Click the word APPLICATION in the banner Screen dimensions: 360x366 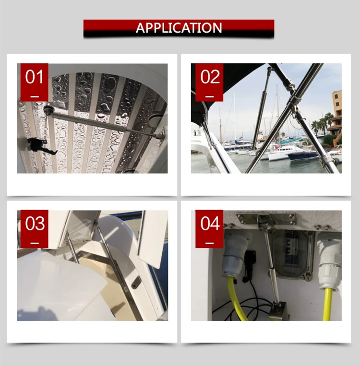179,28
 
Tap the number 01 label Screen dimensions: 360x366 35,77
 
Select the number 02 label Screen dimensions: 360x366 210,77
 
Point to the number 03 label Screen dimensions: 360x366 35,223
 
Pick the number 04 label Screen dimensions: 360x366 210,223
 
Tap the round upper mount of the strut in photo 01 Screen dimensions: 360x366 48,109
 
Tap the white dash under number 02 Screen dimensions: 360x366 210,96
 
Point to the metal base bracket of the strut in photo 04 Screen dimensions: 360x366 278,311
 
